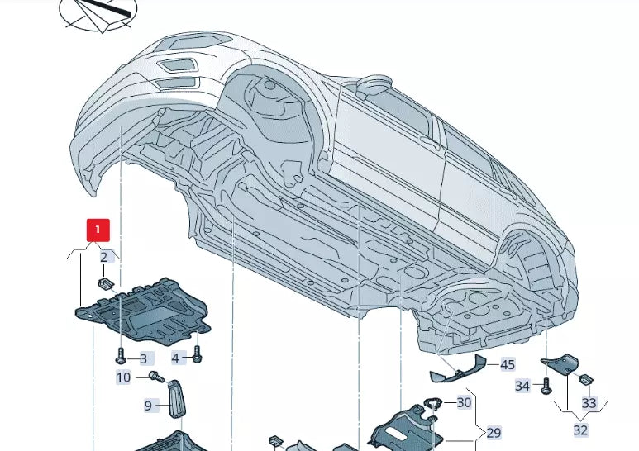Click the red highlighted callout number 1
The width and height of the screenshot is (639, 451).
click(98, 229)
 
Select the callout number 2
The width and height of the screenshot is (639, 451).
click(104, 257)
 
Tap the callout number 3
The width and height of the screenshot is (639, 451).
click(143, 358)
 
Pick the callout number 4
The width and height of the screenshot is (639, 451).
click(175, 358)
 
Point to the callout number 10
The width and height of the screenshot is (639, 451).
click(123, 377)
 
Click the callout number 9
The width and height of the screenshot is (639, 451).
click(149, 405)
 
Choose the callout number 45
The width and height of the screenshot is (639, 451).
click(507, 364)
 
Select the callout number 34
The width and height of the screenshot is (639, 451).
click(522, 386)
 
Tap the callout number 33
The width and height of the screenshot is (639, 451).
click(589, 403)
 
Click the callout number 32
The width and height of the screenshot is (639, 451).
click(581, 430)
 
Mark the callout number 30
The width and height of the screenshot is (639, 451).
click(464, 402)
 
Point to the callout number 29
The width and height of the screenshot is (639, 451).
click(494, 432)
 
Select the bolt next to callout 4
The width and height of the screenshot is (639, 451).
click(197, 356)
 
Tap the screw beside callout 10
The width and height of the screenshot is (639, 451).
click(154, 377)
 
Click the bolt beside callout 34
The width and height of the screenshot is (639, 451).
click(546, 385)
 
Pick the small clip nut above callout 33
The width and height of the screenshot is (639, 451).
click(584, 380)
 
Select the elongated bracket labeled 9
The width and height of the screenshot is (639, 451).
click(177, 400)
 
